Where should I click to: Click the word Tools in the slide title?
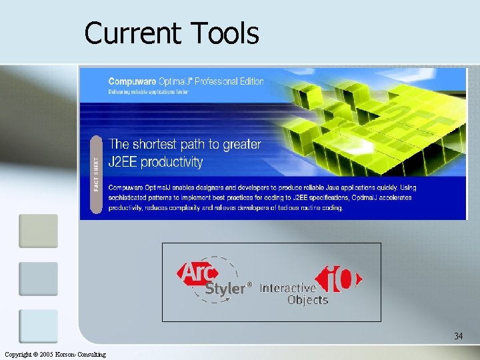pos(225,33)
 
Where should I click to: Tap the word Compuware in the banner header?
pos(131,81)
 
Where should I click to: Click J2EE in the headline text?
pos(125,162)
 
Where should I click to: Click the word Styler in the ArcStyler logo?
pos(225,289)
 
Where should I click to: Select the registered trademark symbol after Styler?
pos(250,284)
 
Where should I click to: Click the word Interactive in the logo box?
pos(287,288)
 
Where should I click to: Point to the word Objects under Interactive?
pos(307,300)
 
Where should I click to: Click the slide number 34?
pos(458,336)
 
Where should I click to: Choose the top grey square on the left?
pos(38,231)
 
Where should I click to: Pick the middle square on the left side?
pos(38,279)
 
